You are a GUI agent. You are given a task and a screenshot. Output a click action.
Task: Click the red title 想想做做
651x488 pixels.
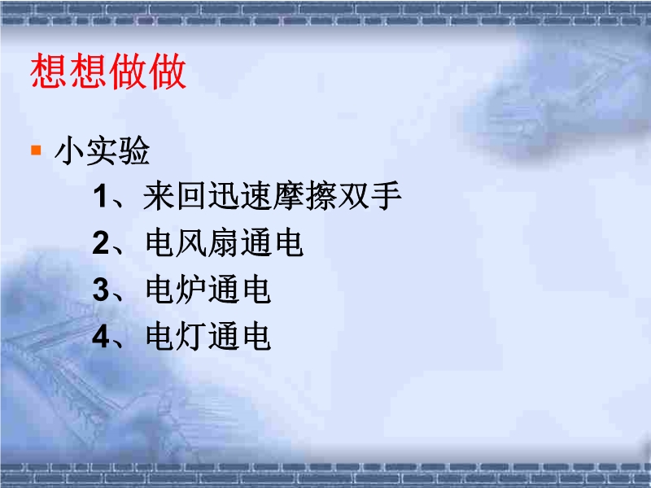(108, 71)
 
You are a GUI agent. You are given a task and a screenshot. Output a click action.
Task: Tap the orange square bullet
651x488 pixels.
(36, 150)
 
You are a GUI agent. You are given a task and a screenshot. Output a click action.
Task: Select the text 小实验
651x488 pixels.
(103, 150)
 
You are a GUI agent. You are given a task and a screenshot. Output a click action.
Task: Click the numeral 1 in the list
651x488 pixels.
(100, 196)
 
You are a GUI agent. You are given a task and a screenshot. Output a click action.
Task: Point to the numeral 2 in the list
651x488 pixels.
(101, 242)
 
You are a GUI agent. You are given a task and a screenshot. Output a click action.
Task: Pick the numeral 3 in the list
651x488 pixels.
(101, 290)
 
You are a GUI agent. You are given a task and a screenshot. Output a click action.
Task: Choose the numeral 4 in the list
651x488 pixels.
(101, 337)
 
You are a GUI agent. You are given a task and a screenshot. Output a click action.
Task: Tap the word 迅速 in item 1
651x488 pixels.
(238, 196)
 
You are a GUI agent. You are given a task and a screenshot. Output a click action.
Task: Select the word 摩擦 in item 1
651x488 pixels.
(304, 196)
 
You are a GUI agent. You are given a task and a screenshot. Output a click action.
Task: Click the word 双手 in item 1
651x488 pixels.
(369, 196)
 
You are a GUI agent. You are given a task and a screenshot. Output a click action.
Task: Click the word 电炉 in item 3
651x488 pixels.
(176, 290)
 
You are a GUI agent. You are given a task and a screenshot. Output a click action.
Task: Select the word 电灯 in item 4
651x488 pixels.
(176, 337)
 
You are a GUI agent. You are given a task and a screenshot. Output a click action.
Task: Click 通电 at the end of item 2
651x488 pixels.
(273, 242)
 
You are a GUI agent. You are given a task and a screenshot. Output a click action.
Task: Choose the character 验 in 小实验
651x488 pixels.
(134, 150)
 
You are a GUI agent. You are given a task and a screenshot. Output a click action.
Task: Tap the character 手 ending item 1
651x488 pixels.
(386, 196)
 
